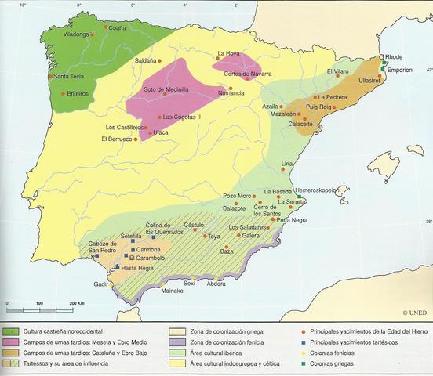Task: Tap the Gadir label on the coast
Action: tap(100, 285)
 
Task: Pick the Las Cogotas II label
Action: tap(181, 117)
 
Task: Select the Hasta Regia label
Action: tap(136, 268)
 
